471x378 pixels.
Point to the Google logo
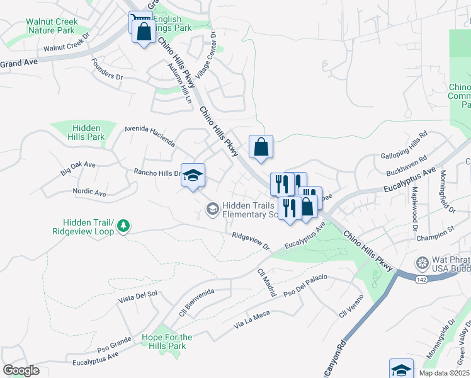coord(21,370)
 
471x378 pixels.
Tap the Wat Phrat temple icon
coord(422,261)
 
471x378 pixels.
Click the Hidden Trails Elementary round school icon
coord(212,207)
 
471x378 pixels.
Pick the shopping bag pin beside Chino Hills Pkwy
coord(261,147)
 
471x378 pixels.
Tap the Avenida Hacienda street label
coord(149,135)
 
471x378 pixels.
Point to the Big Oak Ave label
coord(77,168)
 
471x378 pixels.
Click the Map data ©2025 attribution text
coord(443,373)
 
